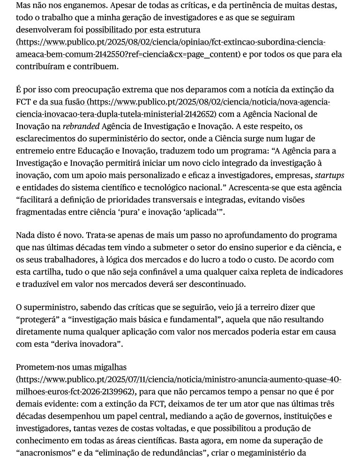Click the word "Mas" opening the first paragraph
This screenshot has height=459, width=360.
23,6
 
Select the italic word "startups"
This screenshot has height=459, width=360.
328,175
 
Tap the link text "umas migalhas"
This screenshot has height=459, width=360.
87,368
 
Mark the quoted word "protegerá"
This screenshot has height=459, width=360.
39,320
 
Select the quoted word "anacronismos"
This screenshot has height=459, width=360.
46,453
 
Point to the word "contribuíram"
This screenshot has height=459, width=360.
40,67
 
